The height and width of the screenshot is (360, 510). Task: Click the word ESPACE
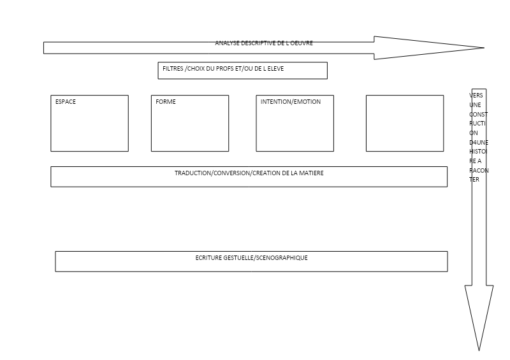(66, 102)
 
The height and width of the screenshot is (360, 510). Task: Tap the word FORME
(166, 102)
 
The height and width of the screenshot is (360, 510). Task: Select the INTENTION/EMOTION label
(291, 102)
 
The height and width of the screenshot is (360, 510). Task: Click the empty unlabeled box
(405, 123)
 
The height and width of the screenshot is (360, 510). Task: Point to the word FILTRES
(173, 69)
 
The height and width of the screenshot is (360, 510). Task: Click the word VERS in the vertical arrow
(476, 96)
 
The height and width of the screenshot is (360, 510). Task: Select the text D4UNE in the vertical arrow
(479, 143)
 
